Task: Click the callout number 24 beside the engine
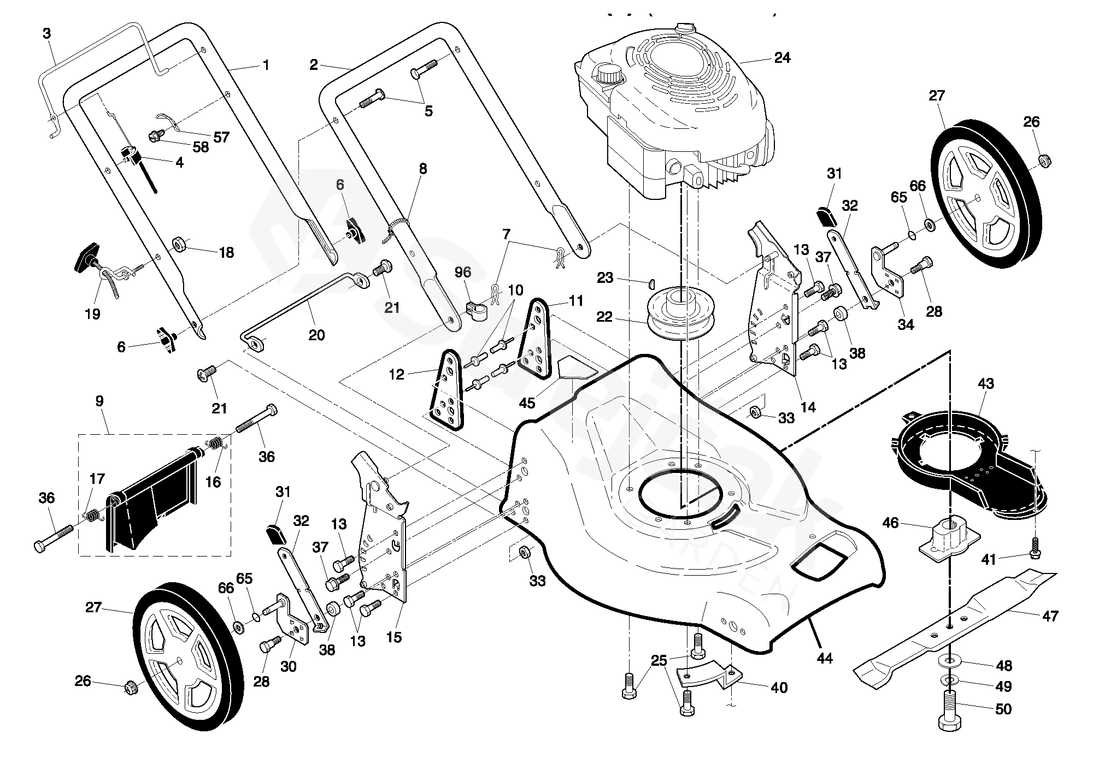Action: point(782,57)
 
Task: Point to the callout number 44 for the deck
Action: point(824,659)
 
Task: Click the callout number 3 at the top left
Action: point(46,33)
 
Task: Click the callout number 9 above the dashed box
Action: point(99,401)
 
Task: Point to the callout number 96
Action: point(462,272)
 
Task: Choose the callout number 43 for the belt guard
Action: point(985,383)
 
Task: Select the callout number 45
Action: point(527,403)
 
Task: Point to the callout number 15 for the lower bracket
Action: point(393,637)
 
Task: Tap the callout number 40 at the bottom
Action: point(779,688)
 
